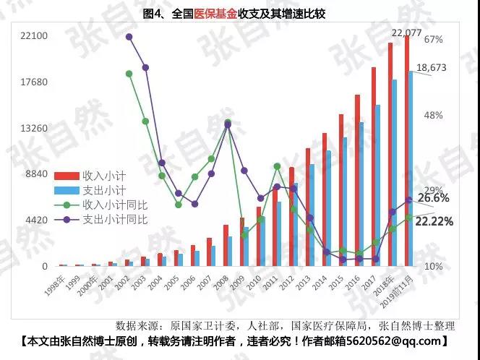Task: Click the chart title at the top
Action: (x=240, y=14)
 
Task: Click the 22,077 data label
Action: (x=406, y=33)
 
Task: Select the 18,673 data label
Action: (x=432, y=67)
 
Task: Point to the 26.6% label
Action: (x=434, y=197)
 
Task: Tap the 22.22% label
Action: (x=434, y=221)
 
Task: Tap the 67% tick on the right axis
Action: (x=433, y=39)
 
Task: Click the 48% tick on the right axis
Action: (x=433, y=116)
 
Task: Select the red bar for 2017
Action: (x=374, y=166)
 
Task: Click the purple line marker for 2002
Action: (x=129, y=37)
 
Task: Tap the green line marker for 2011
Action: (x=277, y=166)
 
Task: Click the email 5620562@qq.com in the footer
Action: (x=403, y=340)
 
